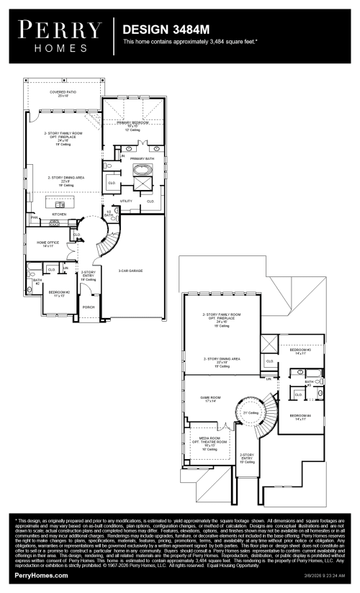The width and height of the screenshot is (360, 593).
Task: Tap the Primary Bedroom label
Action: [x=132, y=124]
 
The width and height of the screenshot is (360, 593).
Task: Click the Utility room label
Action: [x=126, y=201]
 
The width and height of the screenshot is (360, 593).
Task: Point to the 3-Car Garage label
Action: [x=130, y=271]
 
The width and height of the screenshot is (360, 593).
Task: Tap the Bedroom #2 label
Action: [x=58, y=294]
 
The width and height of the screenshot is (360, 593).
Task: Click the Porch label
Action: [x=89, y=307]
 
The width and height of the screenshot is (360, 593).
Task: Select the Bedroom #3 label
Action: [x=300, y=352]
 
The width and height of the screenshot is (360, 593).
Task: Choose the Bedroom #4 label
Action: [x=300, y=417]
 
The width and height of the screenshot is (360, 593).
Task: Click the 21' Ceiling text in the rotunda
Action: [x=251, y=412]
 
